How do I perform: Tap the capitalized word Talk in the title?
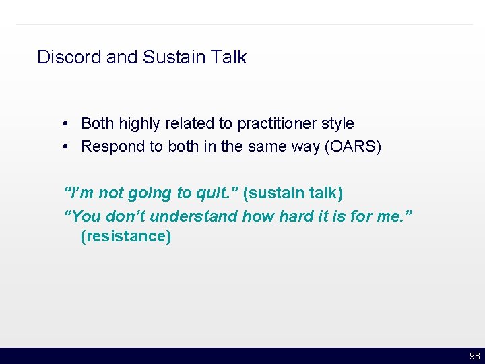(230, 57)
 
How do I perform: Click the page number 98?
(474, 356)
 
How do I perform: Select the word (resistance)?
(125, 237)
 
